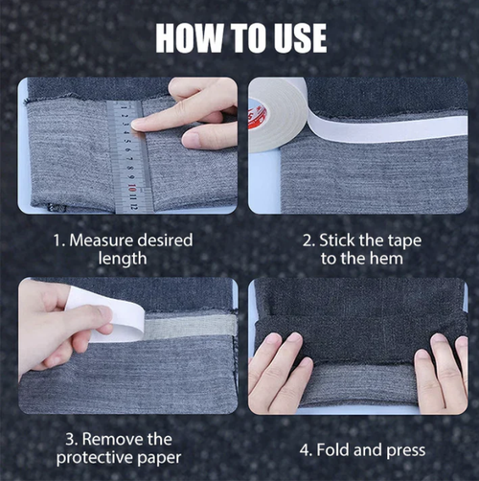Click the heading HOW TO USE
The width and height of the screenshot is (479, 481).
click(240, 37)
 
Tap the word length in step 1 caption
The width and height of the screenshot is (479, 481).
click(121, 258)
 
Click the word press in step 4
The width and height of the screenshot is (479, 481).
click(400, 448)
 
